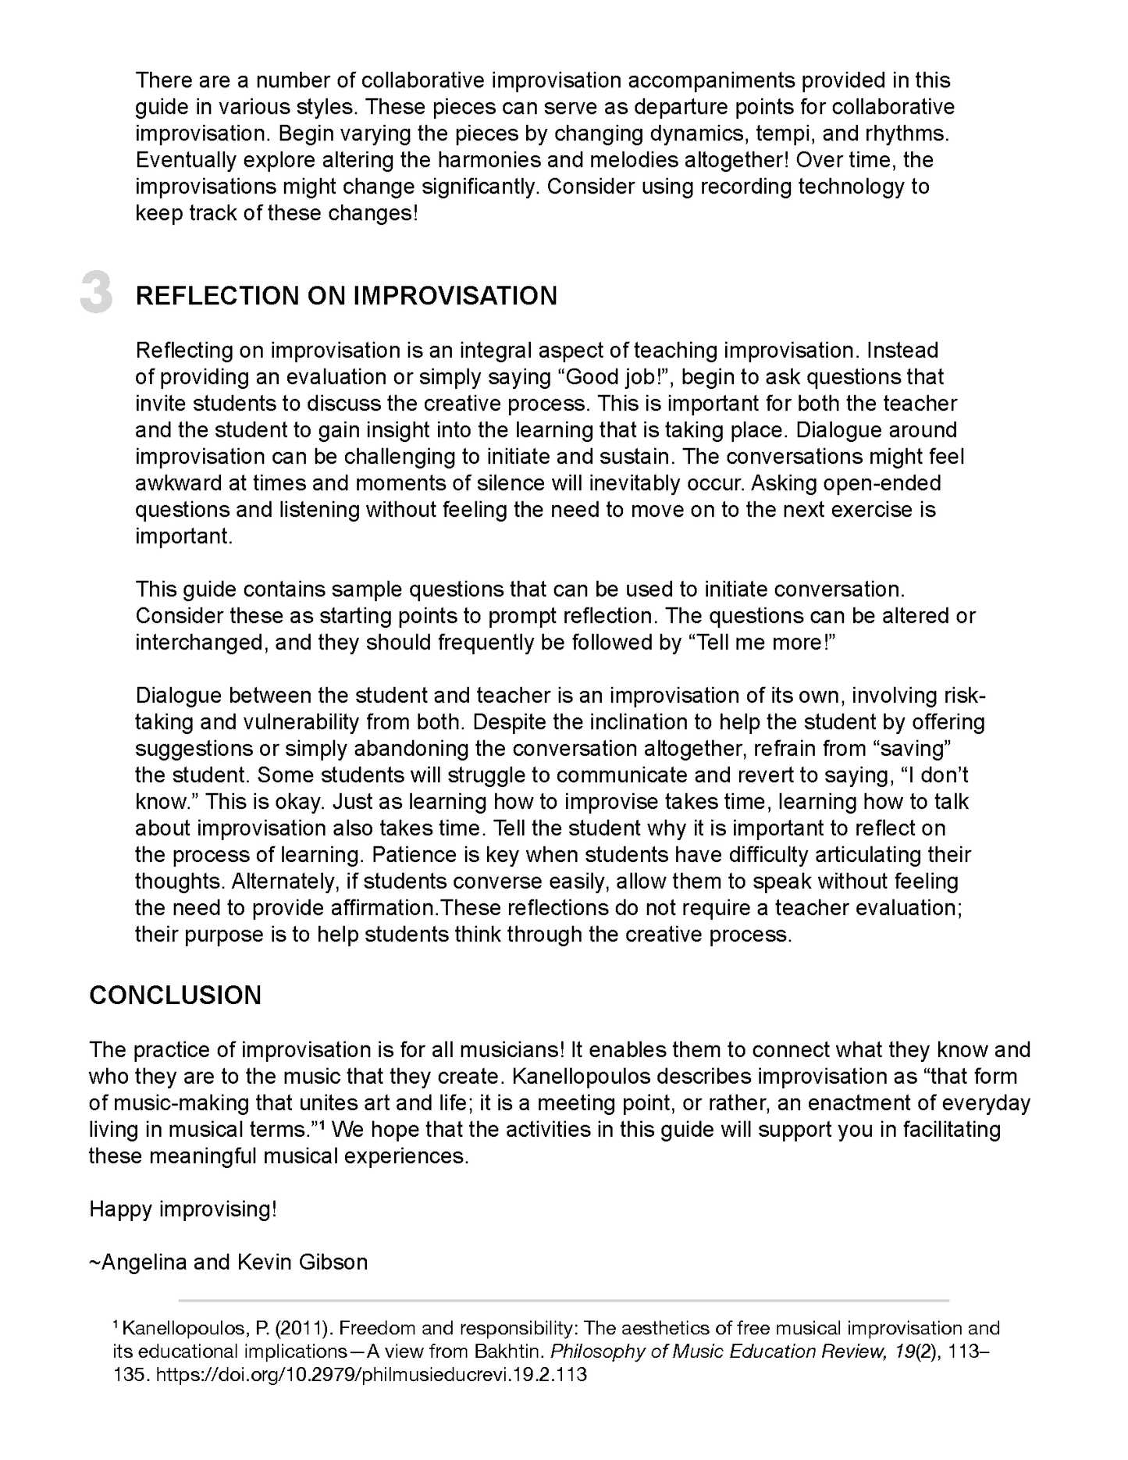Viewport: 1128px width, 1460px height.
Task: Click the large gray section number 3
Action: coord(97,294)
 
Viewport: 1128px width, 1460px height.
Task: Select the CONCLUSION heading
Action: coord(176,995)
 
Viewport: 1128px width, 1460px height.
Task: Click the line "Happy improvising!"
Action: coord(183,1209)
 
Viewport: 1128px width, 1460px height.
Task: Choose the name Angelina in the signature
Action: coord(144,1262)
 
